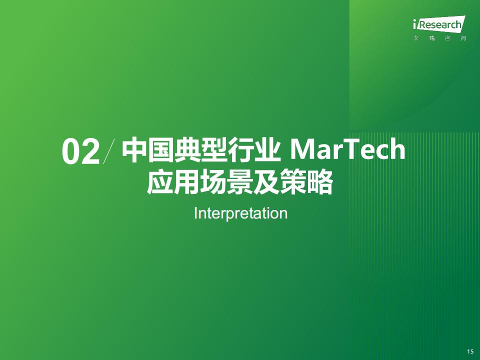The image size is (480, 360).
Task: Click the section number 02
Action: [x=81, y=151]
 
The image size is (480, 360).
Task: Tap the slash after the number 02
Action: [x=109, y=151]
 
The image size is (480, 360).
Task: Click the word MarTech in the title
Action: [x=347, y=149]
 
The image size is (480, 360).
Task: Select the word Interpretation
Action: [x=240, y=213]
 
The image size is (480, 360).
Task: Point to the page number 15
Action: [x=470, y=351]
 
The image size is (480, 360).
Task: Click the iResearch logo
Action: [x=439, y=23]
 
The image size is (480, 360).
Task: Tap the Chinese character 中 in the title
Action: [x=134, y=150]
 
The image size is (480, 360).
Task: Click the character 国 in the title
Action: [x=161, y=150]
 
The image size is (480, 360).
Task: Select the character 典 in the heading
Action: [x=187, y=150]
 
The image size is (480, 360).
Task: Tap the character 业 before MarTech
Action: [x=267, y=150]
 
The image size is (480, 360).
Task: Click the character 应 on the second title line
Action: [x=160, y=182]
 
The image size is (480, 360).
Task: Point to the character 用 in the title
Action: [x=186, y=182]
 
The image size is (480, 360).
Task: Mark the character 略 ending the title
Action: [x=320, y=182]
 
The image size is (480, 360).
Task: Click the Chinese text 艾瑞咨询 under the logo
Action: [x=439, y=38]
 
